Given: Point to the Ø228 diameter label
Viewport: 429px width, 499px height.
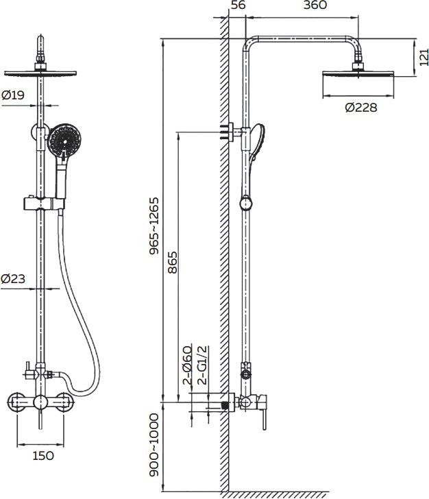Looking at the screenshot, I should pos(361,108).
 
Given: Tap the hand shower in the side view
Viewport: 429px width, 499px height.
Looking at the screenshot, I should pos(258,141).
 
